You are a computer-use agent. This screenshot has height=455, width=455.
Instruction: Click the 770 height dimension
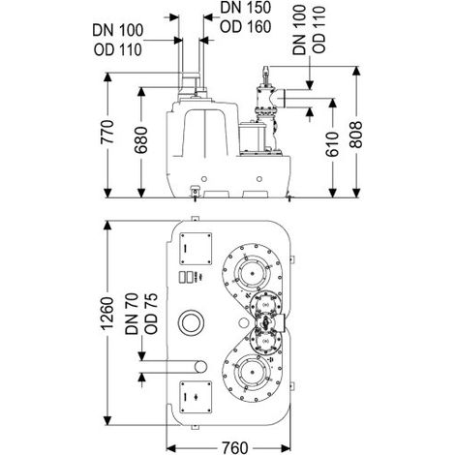click(x=107, y=132)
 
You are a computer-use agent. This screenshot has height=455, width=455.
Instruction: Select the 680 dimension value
click(x=140, y=139)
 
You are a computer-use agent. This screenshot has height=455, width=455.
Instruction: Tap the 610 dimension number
click(x=332, y=144)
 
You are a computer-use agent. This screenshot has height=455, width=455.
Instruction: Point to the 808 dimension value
click(x=356, y=135)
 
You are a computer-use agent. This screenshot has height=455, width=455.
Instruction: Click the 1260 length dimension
click(x=107, y=313)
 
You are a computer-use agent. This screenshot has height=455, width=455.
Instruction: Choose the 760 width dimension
click(x=234, y=447)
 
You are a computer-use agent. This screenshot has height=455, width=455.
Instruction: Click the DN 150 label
click(x=245, y=8)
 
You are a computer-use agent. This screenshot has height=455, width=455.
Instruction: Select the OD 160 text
click(x=245, y=27)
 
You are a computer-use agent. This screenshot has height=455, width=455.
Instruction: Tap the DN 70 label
click(x=132, y=314)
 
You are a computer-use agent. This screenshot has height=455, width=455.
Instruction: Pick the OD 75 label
click(x=151, y=313)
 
